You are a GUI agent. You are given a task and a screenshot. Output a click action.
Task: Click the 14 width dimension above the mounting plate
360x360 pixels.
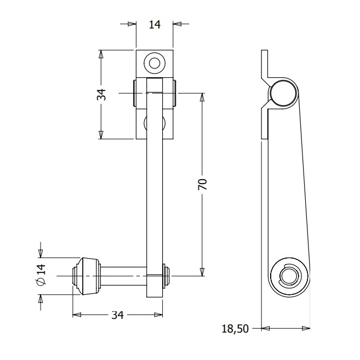pos(155,25)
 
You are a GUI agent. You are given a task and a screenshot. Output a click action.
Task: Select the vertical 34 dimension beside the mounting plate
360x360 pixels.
pos(101,94)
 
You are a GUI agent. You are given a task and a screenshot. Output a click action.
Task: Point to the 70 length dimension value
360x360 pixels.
pos(202,184)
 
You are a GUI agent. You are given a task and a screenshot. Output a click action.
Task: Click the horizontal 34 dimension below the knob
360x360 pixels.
pos(117,315)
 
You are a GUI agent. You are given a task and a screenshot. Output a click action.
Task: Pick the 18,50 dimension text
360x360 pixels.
pos(235,329)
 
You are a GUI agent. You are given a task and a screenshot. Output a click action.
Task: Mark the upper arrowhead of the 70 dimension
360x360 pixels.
pos(202,98)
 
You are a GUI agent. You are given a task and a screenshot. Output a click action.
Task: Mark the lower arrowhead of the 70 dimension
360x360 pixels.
pos(202,272)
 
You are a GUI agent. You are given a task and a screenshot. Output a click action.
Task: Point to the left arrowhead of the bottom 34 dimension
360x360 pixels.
pos(77,315)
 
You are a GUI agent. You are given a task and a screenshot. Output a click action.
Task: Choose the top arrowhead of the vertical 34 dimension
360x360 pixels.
pos(101,54)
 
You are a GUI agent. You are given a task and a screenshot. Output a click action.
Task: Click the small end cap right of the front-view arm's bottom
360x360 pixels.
pos(167,276)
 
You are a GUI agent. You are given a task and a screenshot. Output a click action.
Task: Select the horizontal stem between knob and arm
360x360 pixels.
pos(123,276)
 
